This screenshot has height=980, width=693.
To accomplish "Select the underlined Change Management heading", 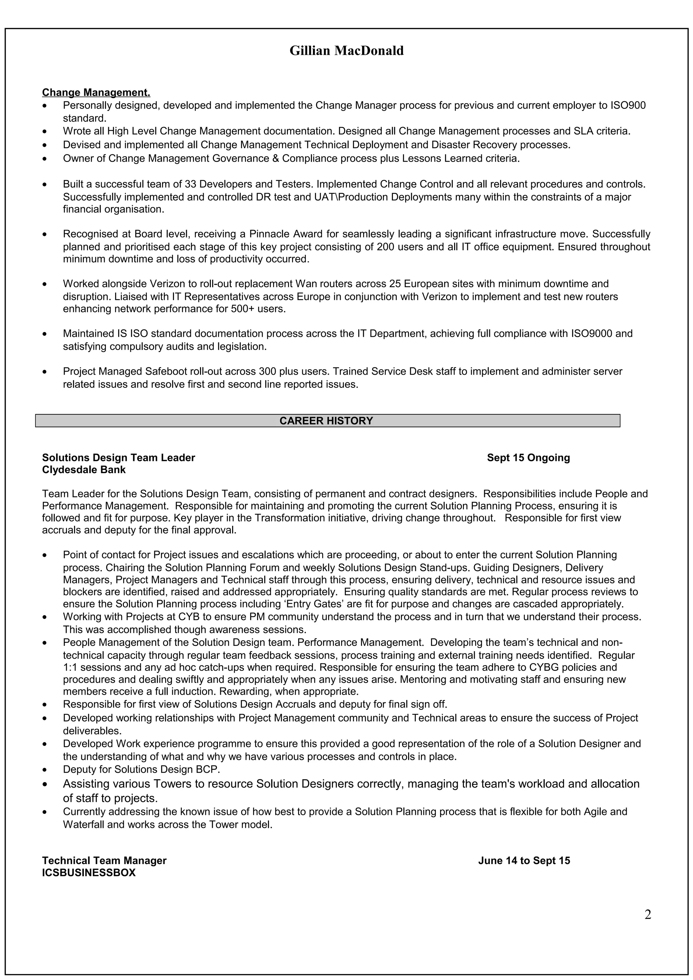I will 96,93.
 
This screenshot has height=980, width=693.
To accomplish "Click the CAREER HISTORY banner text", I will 326,421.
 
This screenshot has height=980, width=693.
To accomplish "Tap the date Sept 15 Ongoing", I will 528,458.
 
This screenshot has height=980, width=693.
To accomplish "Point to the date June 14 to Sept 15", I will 524,861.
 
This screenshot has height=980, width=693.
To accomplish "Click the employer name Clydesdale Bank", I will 84,470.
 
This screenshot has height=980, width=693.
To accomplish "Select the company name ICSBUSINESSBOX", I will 88,873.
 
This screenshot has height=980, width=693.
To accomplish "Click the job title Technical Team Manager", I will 104,861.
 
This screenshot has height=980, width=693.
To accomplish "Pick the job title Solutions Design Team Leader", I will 118,458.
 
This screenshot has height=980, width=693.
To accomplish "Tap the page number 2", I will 648,915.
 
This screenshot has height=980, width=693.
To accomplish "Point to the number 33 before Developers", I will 191,184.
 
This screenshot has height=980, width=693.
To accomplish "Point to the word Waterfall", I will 84,825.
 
